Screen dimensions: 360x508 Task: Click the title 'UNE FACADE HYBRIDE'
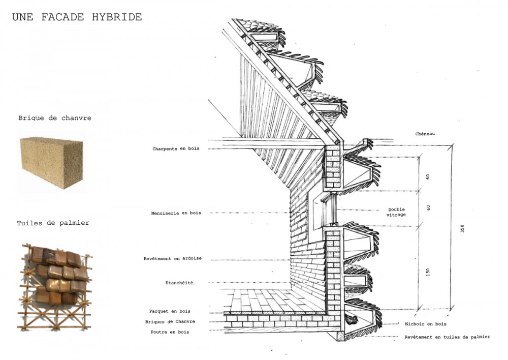point(77,17)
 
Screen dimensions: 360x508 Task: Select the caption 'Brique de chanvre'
point(55,118)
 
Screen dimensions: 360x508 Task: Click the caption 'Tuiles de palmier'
point(53,223)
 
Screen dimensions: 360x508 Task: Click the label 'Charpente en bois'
point(176,149)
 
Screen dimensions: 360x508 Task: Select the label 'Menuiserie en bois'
point(176,213)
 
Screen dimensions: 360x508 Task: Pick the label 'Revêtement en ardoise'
point(173,258)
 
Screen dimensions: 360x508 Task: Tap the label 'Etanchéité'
point(179,282)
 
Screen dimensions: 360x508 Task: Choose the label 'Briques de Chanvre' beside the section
point(170,321)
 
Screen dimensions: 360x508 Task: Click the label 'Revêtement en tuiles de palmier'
point(447,337)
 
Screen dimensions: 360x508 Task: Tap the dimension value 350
point(462,229)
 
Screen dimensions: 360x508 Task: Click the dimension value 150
point(428,273)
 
